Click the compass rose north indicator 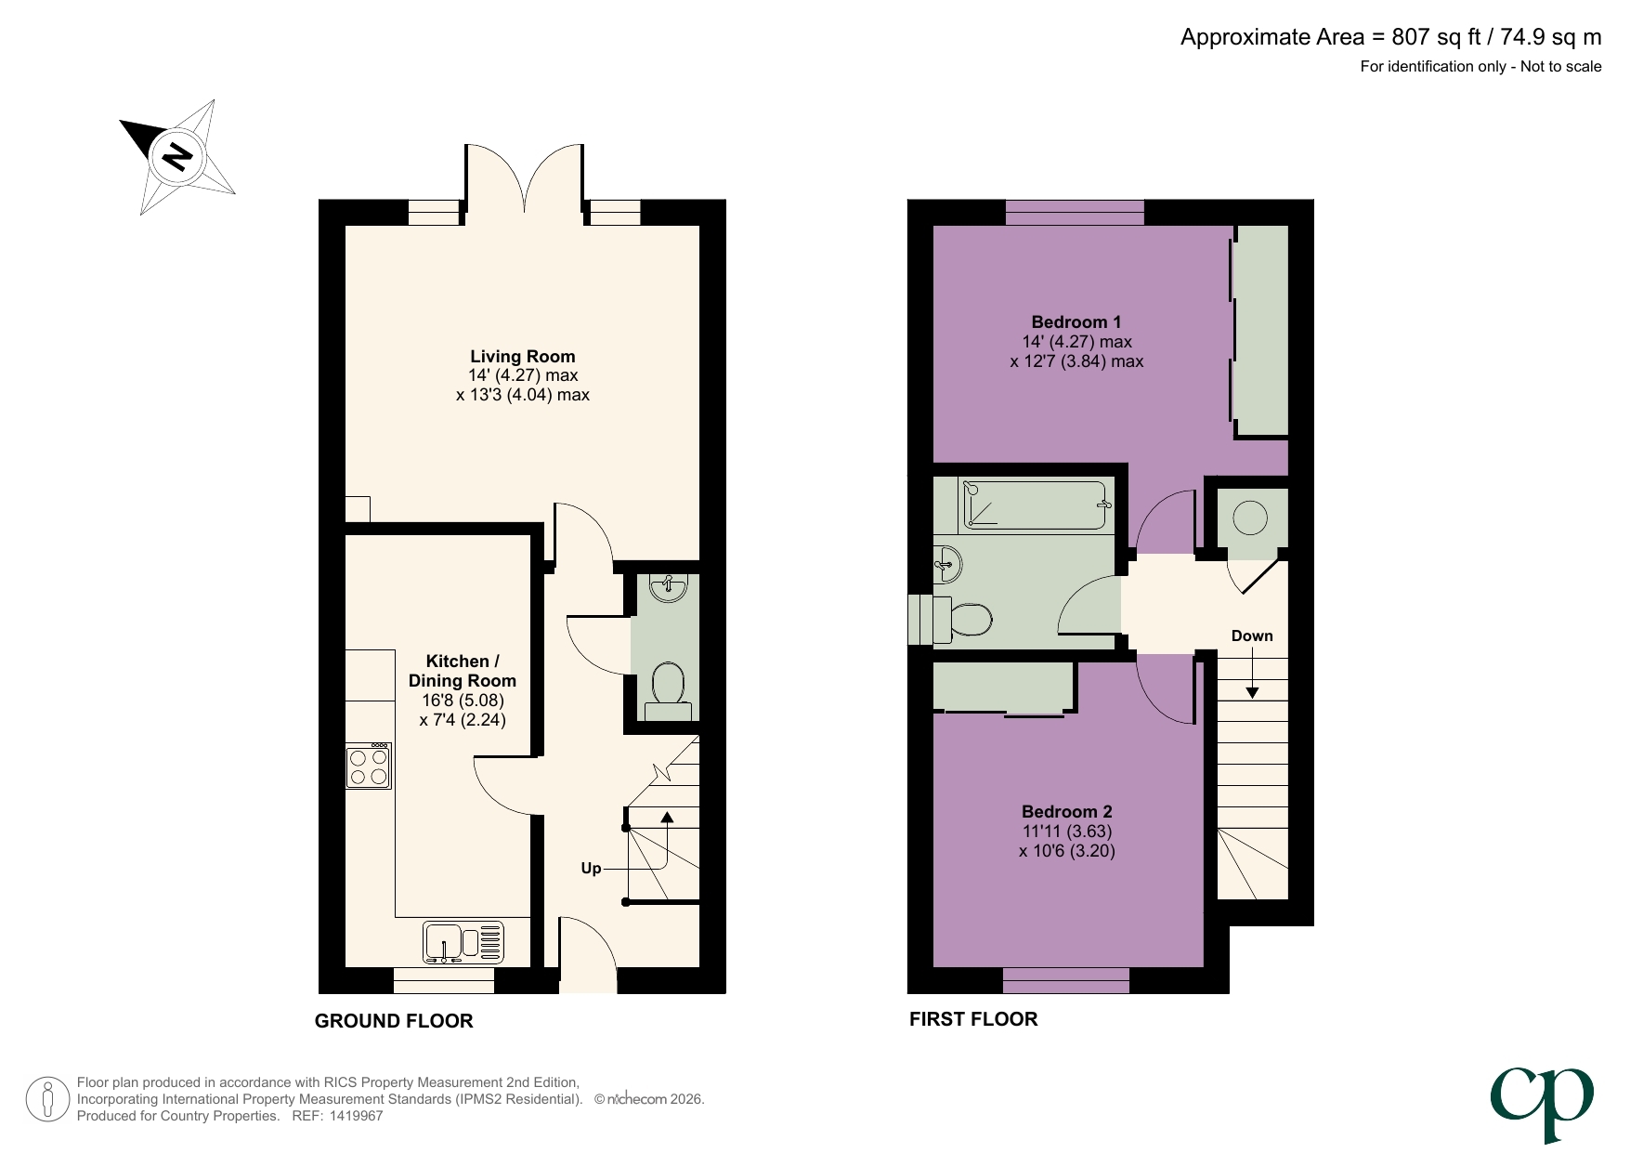point(176,156)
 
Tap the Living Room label point(522,357)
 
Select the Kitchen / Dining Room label point(462,671)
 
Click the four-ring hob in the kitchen point(369,767)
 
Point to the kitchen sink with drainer point(463,942)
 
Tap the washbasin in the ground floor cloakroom point(668,587)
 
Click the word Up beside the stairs point(591,869)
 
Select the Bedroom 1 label point(1076,322)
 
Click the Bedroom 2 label point(1066,812)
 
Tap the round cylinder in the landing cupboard point(1250,518)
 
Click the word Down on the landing point(1251,636)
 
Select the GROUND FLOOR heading point(394,1021)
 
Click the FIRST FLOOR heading point(973,1019)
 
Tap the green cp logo point(1543,1102)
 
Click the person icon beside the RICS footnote point(47,1099)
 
